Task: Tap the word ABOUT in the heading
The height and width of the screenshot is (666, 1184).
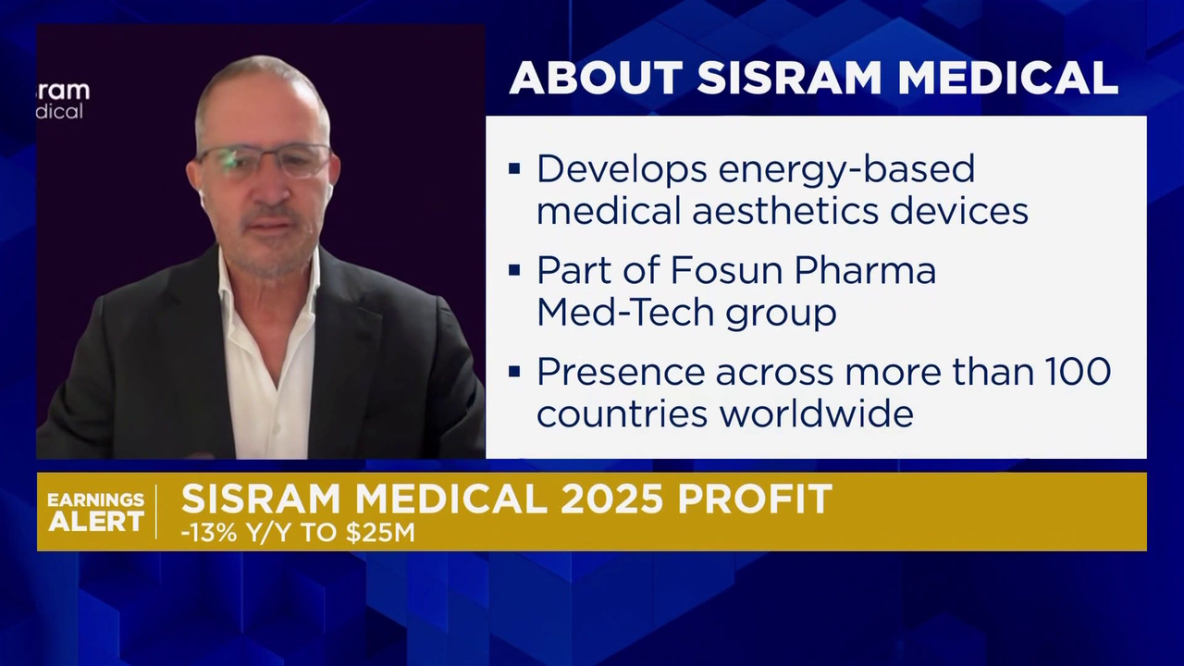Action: [x=596, y=79]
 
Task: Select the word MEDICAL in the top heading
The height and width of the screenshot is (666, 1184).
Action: [x=1007, y=79]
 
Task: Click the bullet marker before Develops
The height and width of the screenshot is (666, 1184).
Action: [x=514, y=169]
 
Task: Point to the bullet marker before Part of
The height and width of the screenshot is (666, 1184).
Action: [x=514, y=271]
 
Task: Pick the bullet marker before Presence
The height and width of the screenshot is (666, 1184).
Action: [x=514, y=372]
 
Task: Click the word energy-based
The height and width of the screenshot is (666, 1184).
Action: [x=845, y=170]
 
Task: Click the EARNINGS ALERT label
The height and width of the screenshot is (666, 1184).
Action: [x=95, y=512]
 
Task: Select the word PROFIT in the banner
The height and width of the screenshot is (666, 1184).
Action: [x=756, y=499]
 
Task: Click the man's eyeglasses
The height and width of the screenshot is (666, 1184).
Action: [x=264, y=161]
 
